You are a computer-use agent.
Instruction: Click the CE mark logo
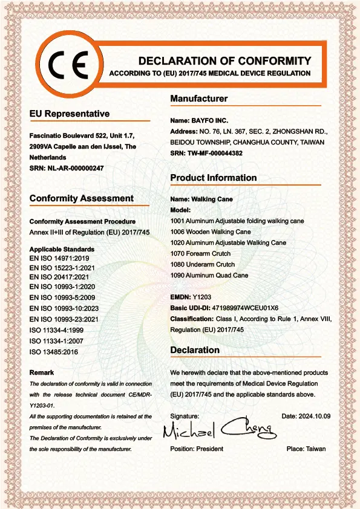pyautogui.click(x=69, y=63)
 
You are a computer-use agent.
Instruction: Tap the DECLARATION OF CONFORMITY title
pyautogui.click(x=224, y=61)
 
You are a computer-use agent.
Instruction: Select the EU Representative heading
pyautogui.click(x=70, y=114)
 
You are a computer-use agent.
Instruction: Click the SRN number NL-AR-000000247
pyautogui.click(x=77, y=167)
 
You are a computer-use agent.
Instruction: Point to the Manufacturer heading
pyautogui.click(x=199, y=99)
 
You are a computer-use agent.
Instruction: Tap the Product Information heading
pyautogui.click(x=214, y=178)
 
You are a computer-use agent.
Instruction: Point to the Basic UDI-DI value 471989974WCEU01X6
pyautogui.click(x=252, y=308)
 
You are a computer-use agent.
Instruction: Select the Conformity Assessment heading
pyautogui.click(x=82, y=198)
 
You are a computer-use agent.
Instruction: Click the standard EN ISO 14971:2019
pyautogui.click(x=59, y=258)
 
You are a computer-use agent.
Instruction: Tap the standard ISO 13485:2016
pyautogui.click(x=54, y=352)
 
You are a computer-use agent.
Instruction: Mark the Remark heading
pyautogui.click(x=42, y=372)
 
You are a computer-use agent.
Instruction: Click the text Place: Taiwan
pyautogui.click(x=306, y=449)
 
